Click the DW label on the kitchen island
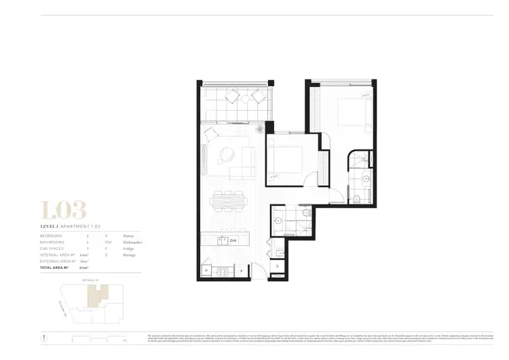[233, 240]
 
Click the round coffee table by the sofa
[225, 156]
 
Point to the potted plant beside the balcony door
[259, 130]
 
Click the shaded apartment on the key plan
[97, 294]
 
